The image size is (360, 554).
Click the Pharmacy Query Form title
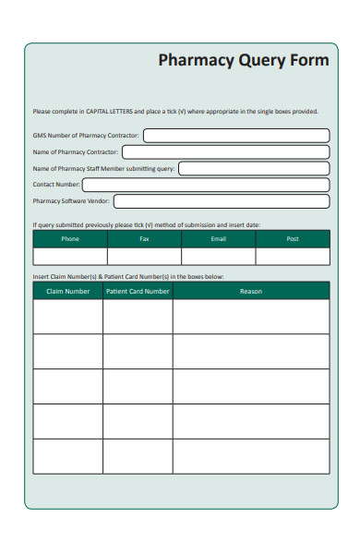click(x=243, y=61)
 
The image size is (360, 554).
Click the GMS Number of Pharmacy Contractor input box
click(x=235, y=135)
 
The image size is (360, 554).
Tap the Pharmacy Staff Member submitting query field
click(x=253, y=168)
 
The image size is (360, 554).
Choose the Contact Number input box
click(x=205, y=184)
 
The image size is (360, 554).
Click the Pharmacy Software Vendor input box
click(x=221, y=200)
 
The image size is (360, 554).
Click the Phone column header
click(x=70, y=238)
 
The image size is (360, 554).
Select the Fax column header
click(x=144, y=238)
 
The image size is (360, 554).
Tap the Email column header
click(x=218, y=238)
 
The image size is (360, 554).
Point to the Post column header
click(x=293, y=238)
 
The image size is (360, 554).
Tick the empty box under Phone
click(x=70, y=257)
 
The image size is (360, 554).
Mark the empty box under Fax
click(x=144, y=257)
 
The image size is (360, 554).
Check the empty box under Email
click(x=218, y=257)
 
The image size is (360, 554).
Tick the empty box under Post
click(x=293, y=257)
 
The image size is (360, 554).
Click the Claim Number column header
click(x=67, y=291)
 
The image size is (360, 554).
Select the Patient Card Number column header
click(x=138, y=291)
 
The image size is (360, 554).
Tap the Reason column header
click(x=250, y=291)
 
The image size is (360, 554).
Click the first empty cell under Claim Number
click(x=67, y=317)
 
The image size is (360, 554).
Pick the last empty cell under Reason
click(x=250, y=456)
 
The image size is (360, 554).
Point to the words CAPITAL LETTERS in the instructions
click(x=109, y=112)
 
